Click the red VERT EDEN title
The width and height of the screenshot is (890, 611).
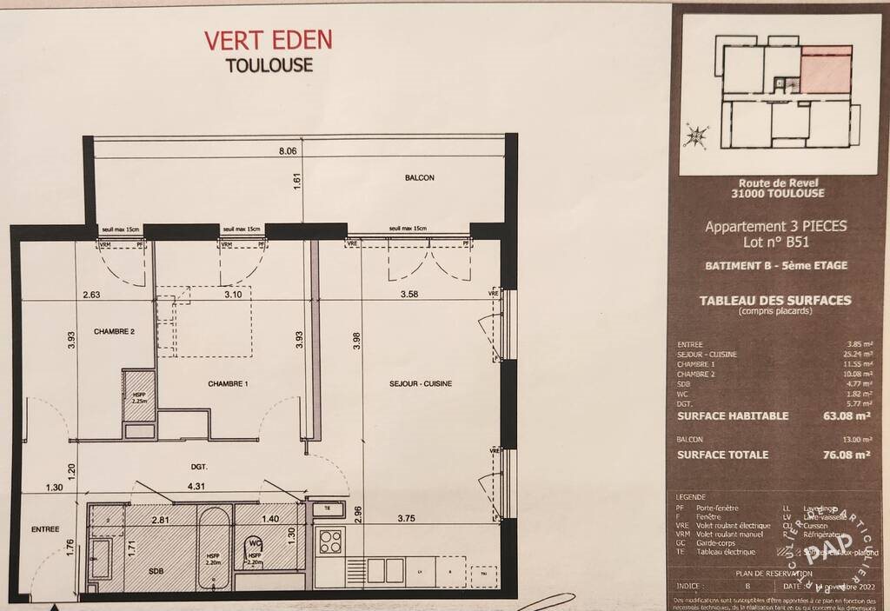(x=268, y=40)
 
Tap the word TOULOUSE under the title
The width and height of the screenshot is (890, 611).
(x=269, y=65)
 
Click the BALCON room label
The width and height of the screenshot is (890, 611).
(x=419, y=177)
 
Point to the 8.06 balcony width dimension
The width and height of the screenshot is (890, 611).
(x=288, y=150)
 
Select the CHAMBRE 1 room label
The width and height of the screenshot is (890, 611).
(x=229, y=383)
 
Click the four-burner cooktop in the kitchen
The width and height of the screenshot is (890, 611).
(x=331, y=541)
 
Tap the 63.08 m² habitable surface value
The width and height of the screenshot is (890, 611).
(x=846, y=416)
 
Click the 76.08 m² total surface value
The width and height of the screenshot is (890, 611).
(x=846, y=455)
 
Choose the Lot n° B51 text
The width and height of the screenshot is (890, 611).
(x=775, y=242)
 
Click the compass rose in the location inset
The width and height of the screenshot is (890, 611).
(x=695, y=136)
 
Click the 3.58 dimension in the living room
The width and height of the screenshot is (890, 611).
(x=408, y=295)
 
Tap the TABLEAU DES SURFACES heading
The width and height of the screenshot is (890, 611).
(x=775, y=301)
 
